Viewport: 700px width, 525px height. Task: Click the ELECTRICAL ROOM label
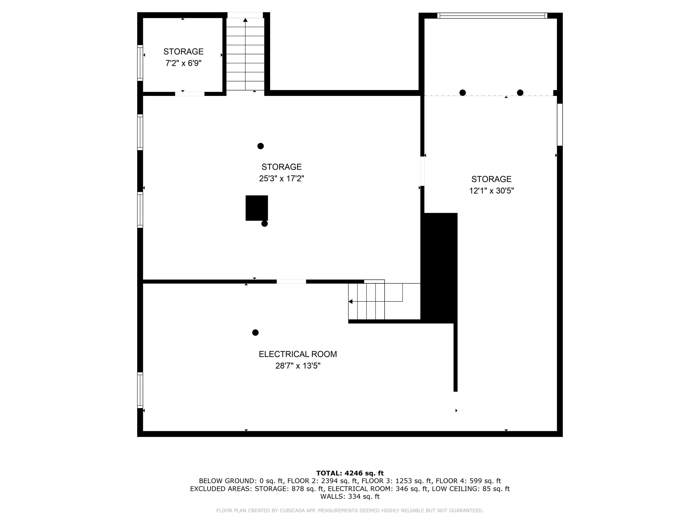(x=297, y=354)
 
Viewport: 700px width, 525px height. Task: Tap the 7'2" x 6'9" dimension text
(x=183, y=63)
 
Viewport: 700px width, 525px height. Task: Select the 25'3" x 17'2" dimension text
(x=281, y=178)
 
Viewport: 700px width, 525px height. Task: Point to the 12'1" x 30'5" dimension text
(x=491, y=191)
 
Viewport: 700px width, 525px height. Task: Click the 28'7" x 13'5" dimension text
(x=297, y=366)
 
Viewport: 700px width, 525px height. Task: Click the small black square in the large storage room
(x=257, y=208)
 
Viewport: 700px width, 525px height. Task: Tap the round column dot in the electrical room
(x=255, y=332)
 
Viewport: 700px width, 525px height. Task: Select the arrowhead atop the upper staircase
(x=245, y=20)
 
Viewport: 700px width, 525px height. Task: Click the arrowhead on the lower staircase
(x=350, y=301)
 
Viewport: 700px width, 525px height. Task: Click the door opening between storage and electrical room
(x=291, y=282)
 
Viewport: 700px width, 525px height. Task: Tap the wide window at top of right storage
(x=492, y=15)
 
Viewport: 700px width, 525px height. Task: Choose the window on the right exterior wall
(x=560, y=124)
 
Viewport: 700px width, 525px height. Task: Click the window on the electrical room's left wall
(x=140, y=390)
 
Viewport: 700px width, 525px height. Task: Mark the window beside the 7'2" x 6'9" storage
(x=140, y=63)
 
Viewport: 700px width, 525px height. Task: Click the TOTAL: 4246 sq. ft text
(x=350, y=473)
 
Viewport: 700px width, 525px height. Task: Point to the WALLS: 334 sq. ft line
(x=350, y=497)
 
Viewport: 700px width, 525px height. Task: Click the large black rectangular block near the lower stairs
(x=440, y=268)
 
